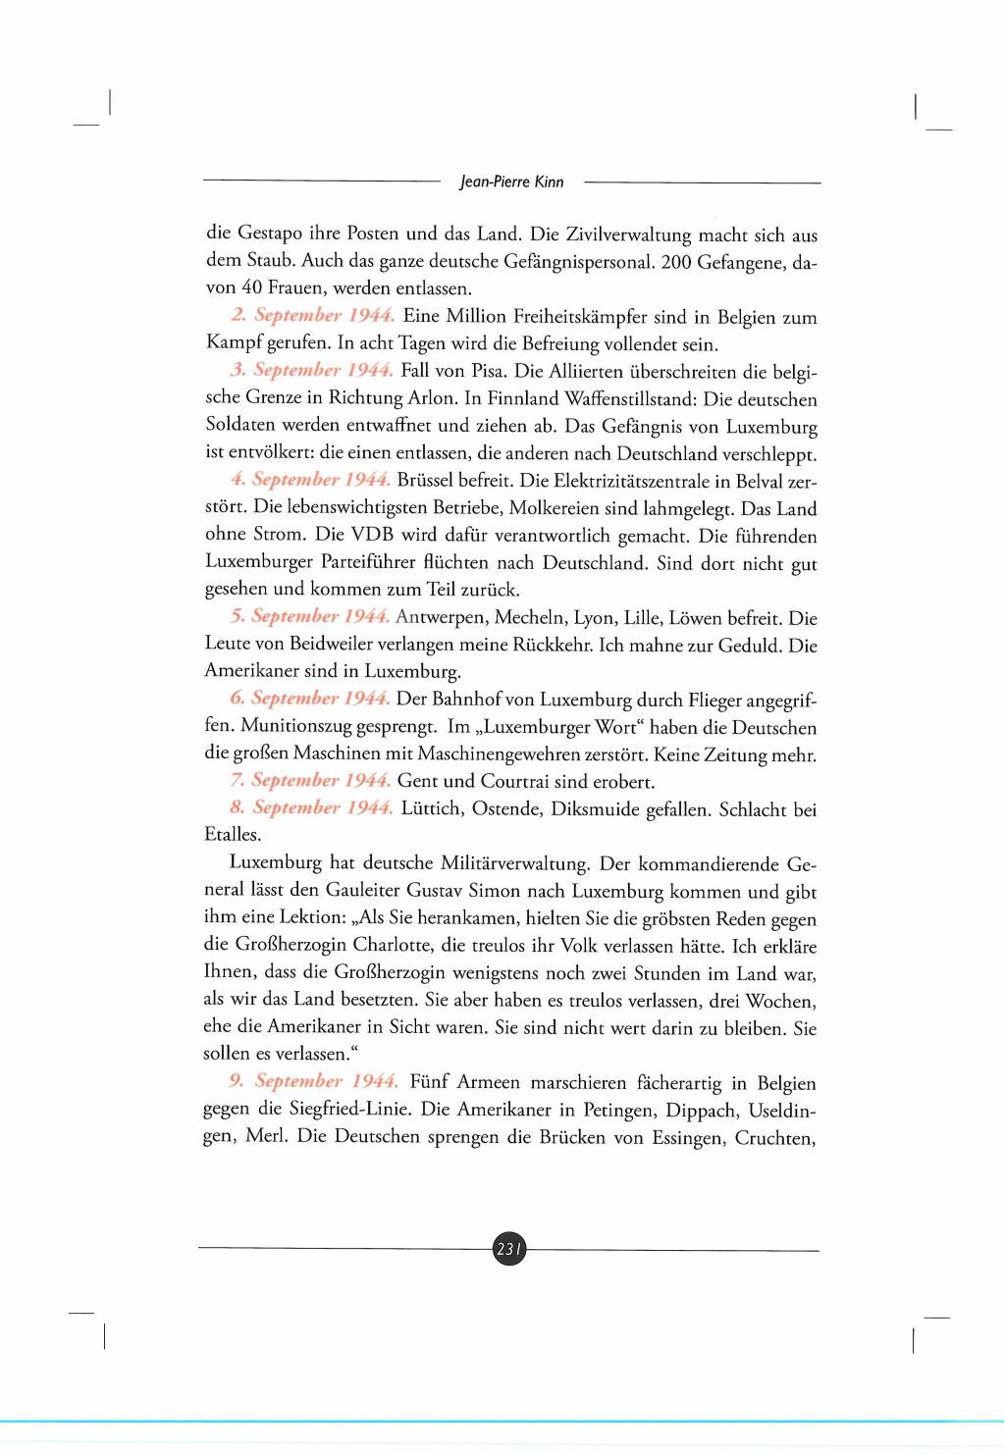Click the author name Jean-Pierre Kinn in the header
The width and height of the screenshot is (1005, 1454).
pos(511,182)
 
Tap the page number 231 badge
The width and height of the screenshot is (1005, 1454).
pos(508,1249)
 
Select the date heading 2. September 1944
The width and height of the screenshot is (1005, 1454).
pos(313,315)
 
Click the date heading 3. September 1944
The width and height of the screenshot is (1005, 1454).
pos(312,370)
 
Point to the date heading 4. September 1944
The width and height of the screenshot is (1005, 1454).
pos(311,480)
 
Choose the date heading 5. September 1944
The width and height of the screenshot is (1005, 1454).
pos(310,616)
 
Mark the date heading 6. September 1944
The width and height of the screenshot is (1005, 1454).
pos(310,699)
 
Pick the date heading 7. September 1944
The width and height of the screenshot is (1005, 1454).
pos(310,780)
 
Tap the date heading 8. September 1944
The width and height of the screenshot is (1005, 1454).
pos(311,807)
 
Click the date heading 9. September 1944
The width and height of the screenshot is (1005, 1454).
pos(314,1081)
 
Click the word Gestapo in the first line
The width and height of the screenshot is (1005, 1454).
pos(270,234)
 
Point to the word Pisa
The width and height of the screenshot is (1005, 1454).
pos(486,371)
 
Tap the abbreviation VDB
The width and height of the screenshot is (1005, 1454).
pos(372,536)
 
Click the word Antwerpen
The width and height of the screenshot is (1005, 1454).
pos(441,617)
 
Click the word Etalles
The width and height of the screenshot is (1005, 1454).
pos(233,835)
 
